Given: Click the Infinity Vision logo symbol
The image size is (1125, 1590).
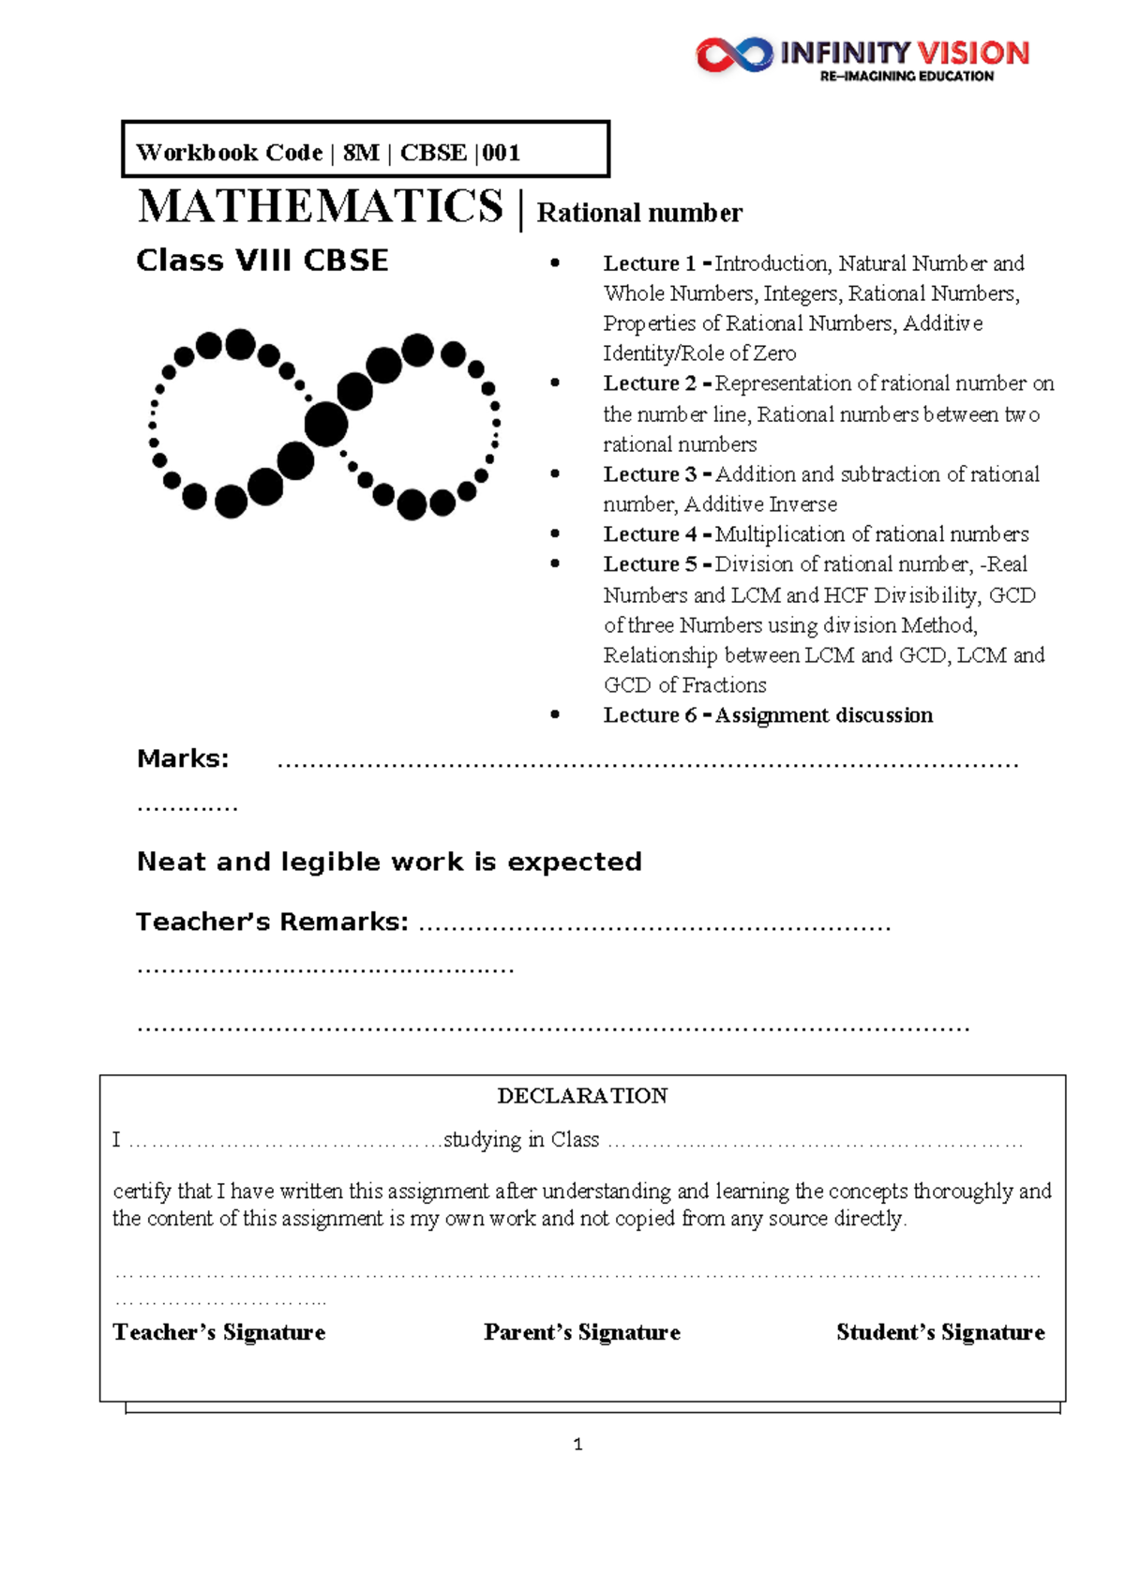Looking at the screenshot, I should (733, 54).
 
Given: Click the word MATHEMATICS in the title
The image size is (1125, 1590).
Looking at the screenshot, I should (321, 206).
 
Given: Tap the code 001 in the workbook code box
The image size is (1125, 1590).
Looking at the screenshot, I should (502, 153).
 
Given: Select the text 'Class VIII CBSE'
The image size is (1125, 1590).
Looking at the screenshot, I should (262, 261).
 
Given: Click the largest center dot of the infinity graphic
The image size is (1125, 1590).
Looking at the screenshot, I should (326, 424).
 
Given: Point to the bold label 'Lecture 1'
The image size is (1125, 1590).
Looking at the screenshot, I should (649, 263).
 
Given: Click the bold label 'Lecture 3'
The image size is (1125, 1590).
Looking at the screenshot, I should (649, 474).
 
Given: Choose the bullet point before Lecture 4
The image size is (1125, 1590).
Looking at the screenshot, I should (555, 533).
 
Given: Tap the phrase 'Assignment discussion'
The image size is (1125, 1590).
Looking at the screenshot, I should (824, 715).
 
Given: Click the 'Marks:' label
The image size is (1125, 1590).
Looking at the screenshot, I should (183, 758).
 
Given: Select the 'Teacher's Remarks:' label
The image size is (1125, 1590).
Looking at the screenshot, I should (272, 922).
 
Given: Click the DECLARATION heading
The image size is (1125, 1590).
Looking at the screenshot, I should (582, 1096).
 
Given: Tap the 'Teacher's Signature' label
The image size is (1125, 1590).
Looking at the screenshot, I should (218, 1332).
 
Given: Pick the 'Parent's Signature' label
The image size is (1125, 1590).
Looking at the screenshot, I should (582, 1332).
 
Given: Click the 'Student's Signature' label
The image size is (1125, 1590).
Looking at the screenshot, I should (940, 1332).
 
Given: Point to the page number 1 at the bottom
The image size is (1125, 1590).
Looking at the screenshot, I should (577, 1445).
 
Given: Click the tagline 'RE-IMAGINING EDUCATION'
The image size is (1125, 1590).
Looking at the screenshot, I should (906, 77).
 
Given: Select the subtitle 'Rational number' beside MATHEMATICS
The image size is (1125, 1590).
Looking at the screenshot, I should (639, 214).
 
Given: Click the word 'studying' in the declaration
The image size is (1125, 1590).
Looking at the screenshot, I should (482, 1140).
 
